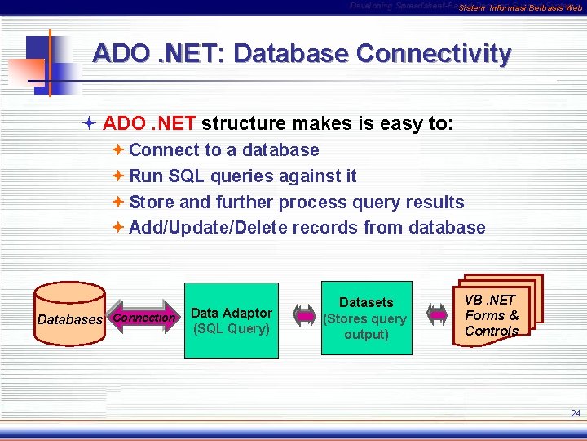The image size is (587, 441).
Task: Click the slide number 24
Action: point(576,414)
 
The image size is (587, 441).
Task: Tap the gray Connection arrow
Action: point(145,318)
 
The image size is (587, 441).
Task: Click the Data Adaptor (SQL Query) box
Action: point(232,321)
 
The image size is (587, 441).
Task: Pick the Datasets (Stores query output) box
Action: point(366,318)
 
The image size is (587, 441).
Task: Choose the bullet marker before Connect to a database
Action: point(118,149)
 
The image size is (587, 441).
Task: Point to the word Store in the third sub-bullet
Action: point(152,202)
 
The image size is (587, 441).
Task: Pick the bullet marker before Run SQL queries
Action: point(118,176)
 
